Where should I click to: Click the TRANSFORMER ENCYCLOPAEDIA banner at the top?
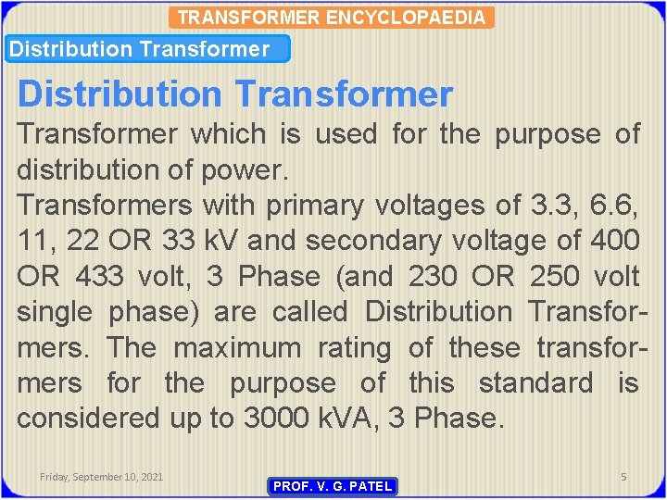332,18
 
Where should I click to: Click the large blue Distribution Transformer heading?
235,94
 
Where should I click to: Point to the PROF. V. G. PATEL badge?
333,486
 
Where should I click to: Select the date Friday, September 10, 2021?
102,476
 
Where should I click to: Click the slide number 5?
623,476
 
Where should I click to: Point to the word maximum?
237,348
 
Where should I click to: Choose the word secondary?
381,241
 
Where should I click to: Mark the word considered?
88,419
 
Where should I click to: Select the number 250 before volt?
555,276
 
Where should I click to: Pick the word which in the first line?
227,134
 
